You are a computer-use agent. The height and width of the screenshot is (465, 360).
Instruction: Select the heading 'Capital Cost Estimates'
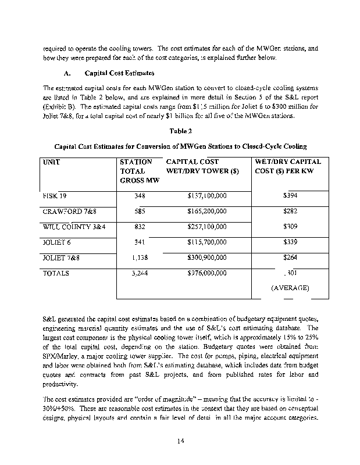pyautogui.click(x=119, y=73)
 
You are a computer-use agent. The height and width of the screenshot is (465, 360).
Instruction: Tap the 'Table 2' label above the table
pyautogui.click(x=180, y=131)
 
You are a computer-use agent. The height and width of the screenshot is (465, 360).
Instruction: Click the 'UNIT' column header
pyautogui.click(x=52, y=162)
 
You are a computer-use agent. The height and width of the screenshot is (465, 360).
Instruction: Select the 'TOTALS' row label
pyautogui.click(x=56, y=272)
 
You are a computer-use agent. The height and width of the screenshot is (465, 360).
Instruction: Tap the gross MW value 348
pyautogui.click(x=139, y=196)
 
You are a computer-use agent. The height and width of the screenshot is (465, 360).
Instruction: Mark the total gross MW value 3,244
pyautogui.click(x=138, y=272)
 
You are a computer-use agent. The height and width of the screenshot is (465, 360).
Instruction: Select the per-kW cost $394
pyautogui.click(x=290, y=196)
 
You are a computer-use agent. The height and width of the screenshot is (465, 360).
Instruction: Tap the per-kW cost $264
pyautogui.click(x=290, y=257)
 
